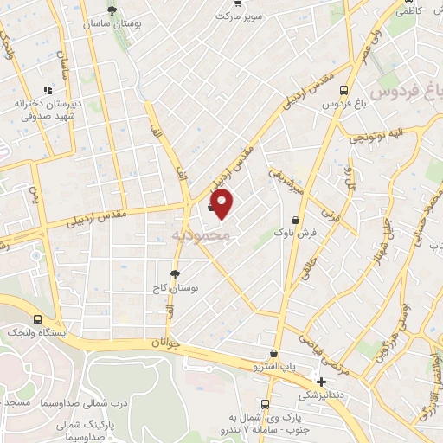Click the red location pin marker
pyautogui.click(x=223, y=203)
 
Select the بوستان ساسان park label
pyautogui.click(x=112, y=25)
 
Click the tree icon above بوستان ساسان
pyautogui.click(x=112, y=10)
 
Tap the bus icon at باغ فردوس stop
pyautogui.click(x=344, y=89)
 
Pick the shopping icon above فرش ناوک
pyautogui.click(x=298, y=221)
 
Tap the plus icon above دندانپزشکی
pyautogui.click(x=322, y=382)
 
